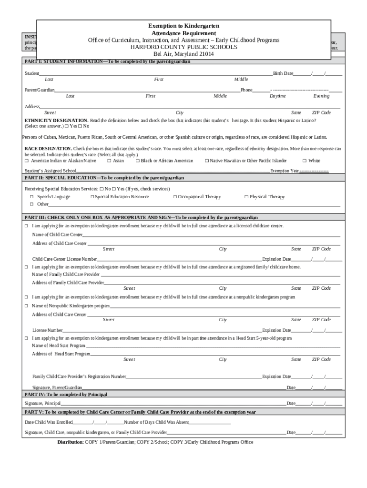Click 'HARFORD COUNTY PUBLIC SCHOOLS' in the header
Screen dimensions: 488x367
184,47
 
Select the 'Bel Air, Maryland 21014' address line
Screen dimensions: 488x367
183,54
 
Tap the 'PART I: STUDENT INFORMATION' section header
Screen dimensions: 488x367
107,62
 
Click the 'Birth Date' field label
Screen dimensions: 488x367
283,73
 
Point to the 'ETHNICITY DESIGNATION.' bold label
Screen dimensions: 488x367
56,121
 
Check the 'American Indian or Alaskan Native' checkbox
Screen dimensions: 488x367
27,161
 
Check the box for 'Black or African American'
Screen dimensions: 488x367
137,161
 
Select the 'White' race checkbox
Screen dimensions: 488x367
305,161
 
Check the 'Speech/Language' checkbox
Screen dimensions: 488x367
32,197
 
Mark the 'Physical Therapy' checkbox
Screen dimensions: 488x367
246,197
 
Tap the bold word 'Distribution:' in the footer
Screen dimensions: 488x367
71,442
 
